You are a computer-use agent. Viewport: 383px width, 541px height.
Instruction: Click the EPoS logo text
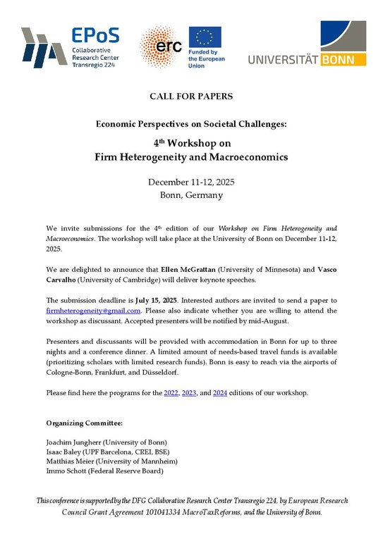[96, 35]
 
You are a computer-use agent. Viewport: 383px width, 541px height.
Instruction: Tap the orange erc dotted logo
[159, 47]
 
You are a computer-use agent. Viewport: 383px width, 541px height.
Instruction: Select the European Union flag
[205, 39]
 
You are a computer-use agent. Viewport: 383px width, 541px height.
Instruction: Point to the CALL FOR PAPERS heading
[191, 95]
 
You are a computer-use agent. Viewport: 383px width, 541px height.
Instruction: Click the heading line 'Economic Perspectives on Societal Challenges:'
[191, 123]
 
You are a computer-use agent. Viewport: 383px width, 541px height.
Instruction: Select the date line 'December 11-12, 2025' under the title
[191, 182]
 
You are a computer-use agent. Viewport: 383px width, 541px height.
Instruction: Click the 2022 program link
[171, 392]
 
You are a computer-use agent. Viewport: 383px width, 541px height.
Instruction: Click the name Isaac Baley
[66, 452]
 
